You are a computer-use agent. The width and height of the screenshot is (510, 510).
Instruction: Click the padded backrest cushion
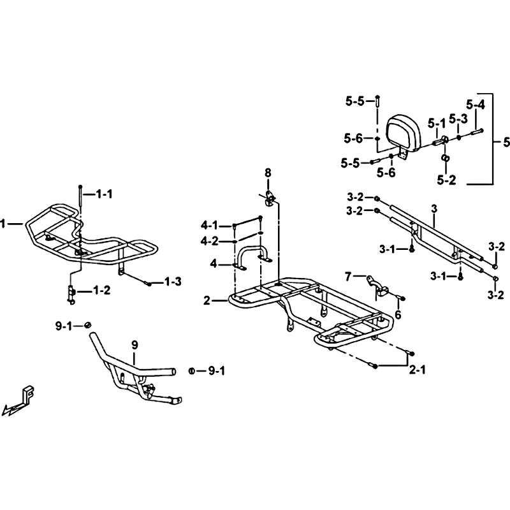404,133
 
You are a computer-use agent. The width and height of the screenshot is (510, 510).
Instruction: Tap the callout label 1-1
104,194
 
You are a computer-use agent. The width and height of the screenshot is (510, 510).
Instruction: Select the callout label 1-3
173,282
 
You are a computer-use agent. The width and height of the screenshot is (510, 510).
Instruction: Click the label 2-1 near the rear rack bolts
417,370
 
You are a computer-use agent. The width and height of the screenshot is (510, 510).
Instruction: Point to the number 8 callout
267,173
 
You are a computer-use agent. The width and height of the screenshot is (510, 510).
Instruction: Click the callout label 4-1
209,225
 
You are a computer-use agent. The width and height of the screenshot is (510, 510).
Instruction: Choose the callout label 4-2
210,242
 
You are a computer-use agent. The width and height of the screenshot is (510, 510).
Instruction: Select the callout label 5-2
447,180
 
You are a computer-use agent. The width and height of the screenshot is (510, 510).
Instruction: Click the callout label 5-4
476,105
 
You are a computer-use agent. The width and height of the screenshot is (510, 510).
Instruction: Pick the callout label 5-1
436,123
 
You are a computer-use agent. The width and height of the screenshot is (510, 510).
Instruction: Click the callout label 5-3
458,119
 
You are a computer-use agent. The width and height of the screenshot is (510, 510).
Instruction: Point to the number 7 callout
348,277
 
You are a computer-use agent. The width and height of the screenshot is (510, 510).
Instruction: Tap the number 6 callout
398,314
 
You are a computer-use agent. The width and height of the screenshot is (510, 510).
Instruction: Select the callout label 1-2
102,290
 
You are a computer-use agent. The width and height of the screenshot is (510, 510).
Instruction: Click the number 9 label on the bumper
135,345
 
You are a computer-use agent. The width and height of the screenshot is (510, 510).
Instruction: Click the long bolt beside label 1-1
80,199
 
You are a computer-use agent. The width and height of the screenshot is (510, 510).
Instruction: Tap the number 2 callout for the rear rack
207,301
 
